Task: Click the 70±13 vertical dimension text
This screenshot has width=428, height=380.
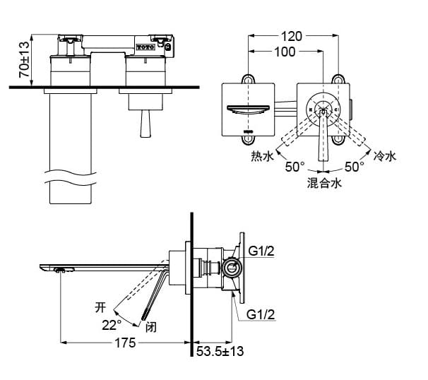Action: tap(23, 59)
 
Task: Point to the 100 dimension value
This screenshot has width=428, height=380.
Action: tap(285, 52)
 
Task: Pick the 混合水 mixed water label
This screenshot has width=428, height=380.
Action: tap(324, 183)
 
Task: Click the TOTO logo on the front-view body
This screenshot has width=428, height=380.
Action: tap(144, 47)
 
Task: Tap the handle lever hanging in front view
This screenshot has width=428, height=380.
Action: tap(145, 123)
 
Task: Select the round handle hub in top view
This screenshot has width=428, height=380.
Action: tap(323, 109)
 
